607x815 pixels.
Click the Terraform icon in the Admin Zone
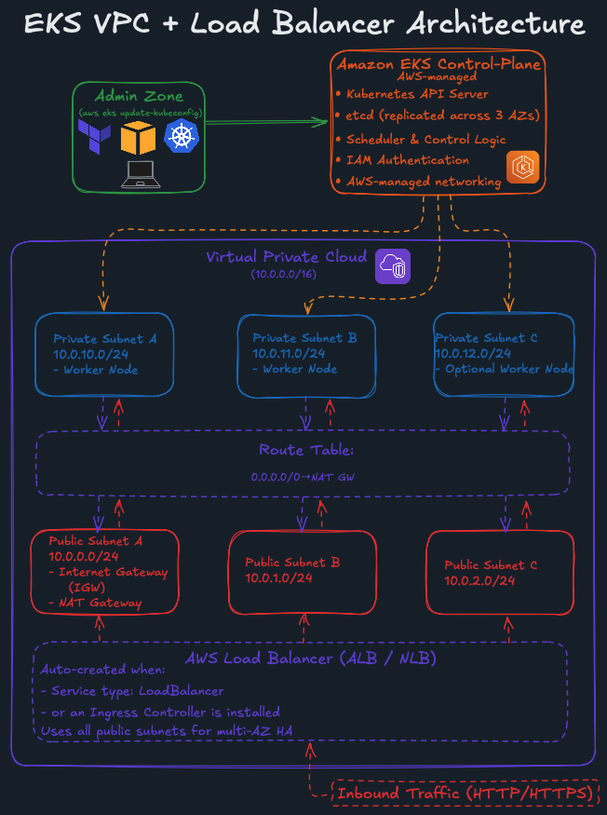tap(97, 136)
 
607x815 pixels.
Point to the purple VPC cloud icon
tap(392, 266)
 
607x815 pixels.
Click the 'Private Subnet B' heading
tap(303, 338)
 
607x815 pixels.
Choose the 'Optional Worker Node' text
tap(509, 369)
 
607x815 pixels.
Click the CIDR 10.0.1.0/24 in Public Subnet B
tap(278, 578)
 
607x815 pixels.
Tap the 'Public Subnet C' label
tap(491, 565)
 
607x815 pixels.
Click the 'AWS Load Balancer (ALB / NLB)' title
tap(310, 659)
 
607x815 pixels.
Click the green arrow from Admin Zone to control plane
tap(265, 120)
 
